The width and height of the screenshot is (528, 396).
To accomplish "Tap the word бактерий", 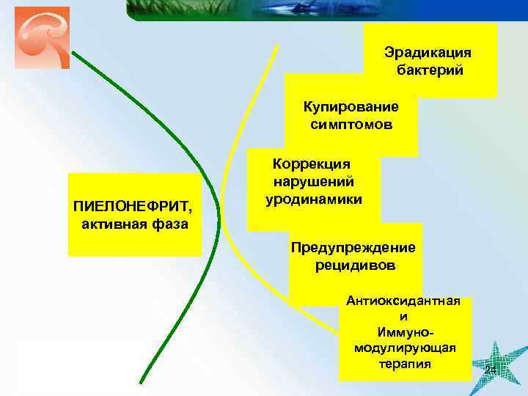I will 428,70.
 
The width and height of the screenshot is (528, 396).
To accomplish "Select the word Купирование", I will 351,107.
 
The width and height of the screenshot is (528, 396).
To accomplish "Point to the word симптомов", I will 351,125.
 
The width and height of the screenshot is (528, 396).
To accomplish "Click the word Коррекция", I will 312,164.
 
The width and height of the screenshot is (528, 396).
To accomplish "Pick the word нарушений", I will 313,181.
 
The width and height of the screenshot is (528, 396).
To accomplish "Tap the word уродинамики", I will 313,199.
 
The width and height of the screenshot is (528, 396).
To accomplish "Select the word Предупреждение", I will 353,248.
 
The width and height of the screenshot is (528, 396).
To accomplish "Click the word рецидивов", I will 355,265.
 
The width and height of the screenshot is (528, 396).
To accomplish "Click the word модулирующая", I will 404,348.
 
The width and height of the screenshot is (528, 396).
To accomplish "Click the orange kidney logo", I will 42,37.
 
